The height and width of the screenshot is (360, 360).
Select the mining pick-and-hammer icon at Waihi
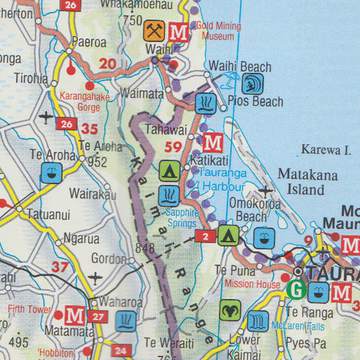point(154,30)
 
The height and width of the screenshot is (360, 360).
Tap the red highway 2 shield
point(203,237)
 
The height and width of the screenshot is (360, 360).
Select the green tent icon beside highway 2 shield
point(228,236)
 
